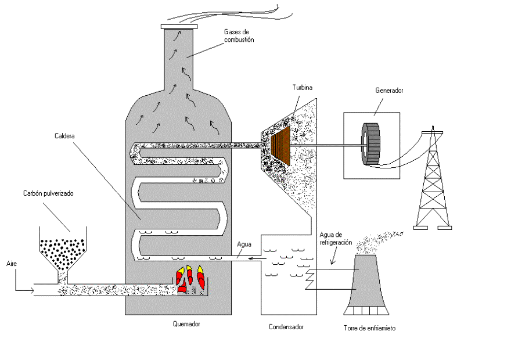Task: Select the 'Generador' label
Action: pyautogui.click(x=388, y=91)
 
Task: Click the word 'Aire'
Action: pyautogui.click(x=11, y=264)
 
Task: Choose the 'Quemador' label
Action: pyautogui.click(x=186, y=324)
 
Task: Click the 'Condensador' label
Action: pyautogui.click(x=286, y=327)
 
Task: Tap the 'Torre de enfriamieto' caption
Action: pyautogui.click(x=369, y=328)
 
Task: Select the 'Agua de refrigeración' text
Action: pyautogui.click(x=335, y=239)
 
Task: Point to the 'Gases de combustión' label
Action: pyautogui.click(x=239, y=35)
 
